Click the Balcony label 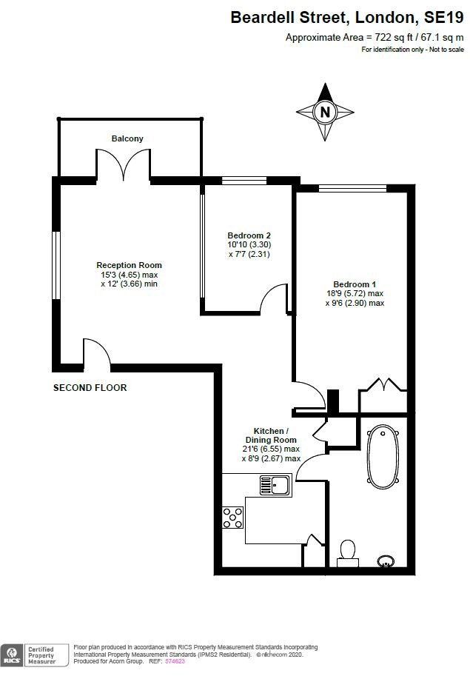127,138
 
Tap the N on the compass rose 325,113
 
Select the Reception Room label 129,265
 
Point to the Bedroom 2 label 249,235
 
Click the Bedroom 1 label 355,284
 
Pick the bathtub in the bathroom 383,457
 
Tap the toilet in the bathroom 347,553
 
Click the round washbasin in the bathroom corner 386,561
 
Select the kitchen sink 275,485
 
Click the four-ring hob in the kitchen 232,518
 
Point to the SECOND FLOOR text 90,387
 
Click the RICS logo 12,655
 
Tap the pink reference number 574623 175,661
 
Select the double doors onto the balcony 123,164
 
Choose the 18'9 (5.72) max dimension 355,294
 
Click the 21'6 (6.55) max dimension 271,449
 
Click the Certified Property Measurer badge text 41,655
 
